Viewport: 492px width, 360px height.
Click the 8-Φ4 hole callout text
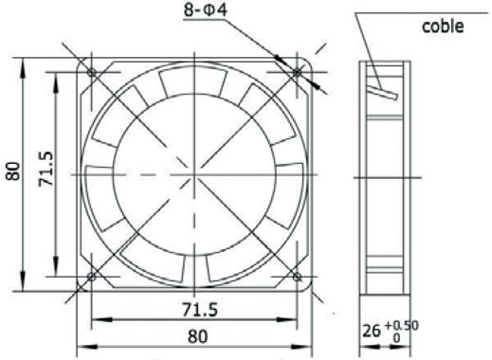click(x=206, y=9)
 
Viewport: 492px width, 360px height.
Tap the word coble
click(x=443, y=27)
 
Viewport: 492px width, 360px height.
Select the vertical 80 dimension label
click(x=13, y=171)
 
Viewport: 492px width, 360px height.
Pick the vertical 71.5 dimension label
click(x=46, y=169)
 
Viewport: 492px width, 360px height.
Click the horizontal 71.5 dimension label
click(x=200, y=310)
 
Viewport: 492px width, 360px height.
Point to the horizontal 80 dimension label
click(x=198, y=336)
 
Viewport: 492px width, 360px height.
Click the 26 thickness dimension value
click(x=371, y=331)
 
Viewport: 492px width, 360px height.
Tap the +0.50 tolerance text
click(x=401, y=325)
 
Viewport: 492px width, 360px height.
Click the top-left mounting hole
click(x=92, y=72)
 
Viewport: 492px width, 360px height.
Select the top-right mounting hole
click(x=297, y=72)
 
